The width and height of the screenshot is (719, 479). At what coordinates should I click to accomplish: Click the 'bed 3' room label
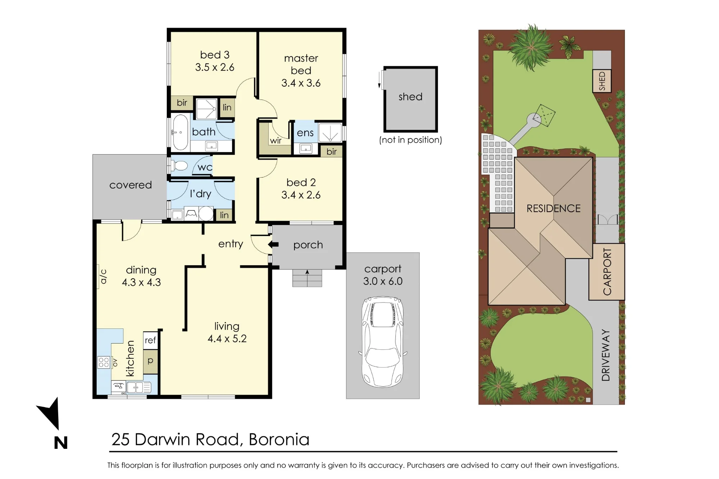pyautogui.click(x=215, y=55)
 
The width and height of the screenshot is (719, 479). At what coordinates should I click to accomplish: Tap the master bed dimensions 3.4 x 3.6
pyautogui.click(x=301, y=83)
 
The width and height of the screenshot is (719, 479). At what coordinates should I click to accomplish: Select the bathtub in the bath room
pyautogui.click(x=180, y=132)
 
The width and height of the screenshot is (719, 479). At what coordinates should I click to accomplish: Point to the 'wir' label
pyautogui.click(x=276, y=141)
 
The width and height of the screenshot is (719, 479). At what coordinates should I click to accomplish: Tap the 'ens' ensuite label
pyautogui.click(x=305, y=133)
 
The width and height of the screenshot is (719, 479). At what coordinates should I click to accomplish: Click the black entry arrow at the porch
pyautogui.click(x=273, y=245)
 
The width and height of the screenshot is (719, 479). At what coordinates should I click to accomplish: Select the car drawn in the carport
pyautogui.click(x=383, y=342)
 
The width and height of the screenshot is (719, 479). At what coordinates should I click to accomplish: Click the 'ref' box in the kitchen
pyautogui.click(x=150, y=340)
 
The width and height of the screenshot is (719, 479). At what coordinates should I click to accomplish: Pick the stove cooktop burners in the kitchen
pyautogui.click(x=104, y=362)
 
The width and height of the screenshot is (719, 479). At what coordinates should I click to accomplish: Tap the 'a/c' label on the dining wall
pyautogui.click(x=104, y=276)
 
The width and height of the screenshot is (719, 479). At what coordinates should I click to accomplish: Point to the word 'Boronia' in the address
pyautogui.click(x=279, y=439)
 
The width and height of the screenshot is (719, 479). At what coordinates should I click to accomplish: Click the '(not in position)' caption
pyautogui.click(x=411, y=140)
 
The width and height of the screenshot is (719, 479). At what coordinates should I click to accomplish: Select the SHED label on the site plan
pyautogui.click(x=602, y=81)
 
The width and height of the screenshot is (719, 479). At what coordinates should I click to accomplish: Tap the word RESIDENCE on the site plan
pyautogui.click(x=554, y=208)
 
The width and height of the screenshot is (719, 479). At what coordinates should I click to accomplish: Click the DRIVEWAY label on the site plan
pyautogui.click(x=606, y=355)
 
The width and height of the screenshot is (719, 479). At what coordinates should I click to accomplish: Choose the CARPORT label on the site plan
pyautogui.click(x=607, y=272)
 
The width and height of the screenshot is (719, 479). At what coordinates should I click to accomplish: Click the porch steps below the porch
pyautogui.click(x=307, y=278)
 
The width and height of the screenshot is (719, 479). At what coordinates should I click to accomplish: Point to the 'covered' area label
pyautogui.click(x=130, y=185)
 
